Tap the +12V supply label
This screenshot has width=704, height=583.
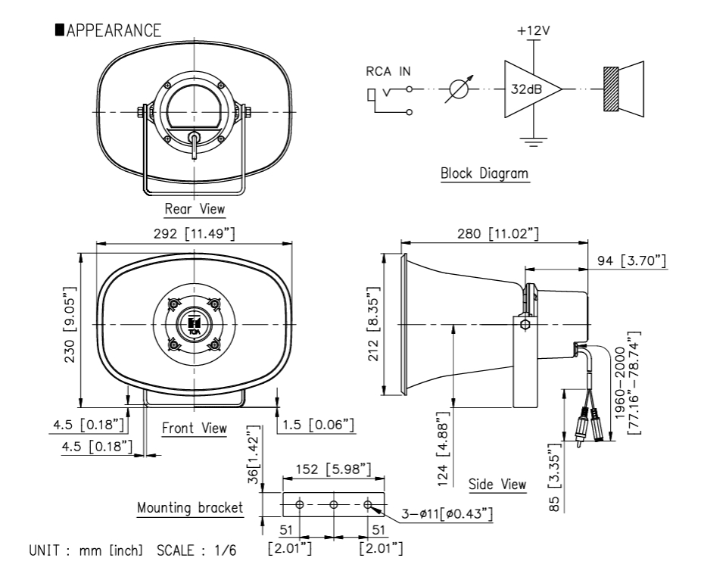point(534,33)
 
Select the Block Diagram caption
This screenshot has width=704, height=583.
point(485,173)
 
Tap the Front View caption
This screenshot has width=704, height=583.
point(195,429)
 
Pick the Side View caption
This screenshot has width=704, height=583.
point(497,484)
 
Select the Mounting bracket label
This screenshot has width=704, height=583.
point(191,507)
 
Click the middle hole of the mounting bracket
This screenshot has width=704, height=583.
point(333,504)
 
